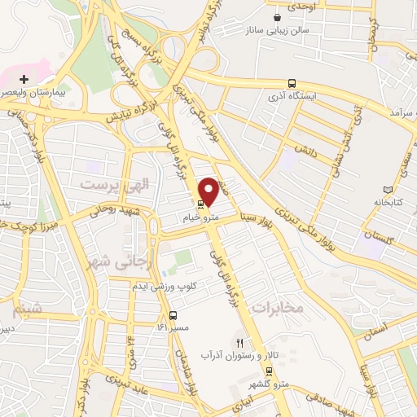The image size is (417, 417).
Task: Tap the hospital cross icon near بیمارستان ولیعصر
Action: tap(24, 80)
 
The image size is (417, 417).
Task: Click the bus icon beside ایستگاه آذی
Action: tap(292, 83)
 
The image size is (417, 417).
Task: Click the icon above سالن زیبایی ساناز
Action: tap(279, 16)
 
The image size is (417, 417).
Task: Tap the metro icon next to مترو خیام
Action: tap(200, 203)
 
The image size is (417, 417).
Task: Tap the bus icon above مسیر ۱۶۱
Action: tap(173, 315)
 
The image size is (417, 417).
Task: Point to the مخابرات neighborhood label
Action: tap(277, 307)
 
